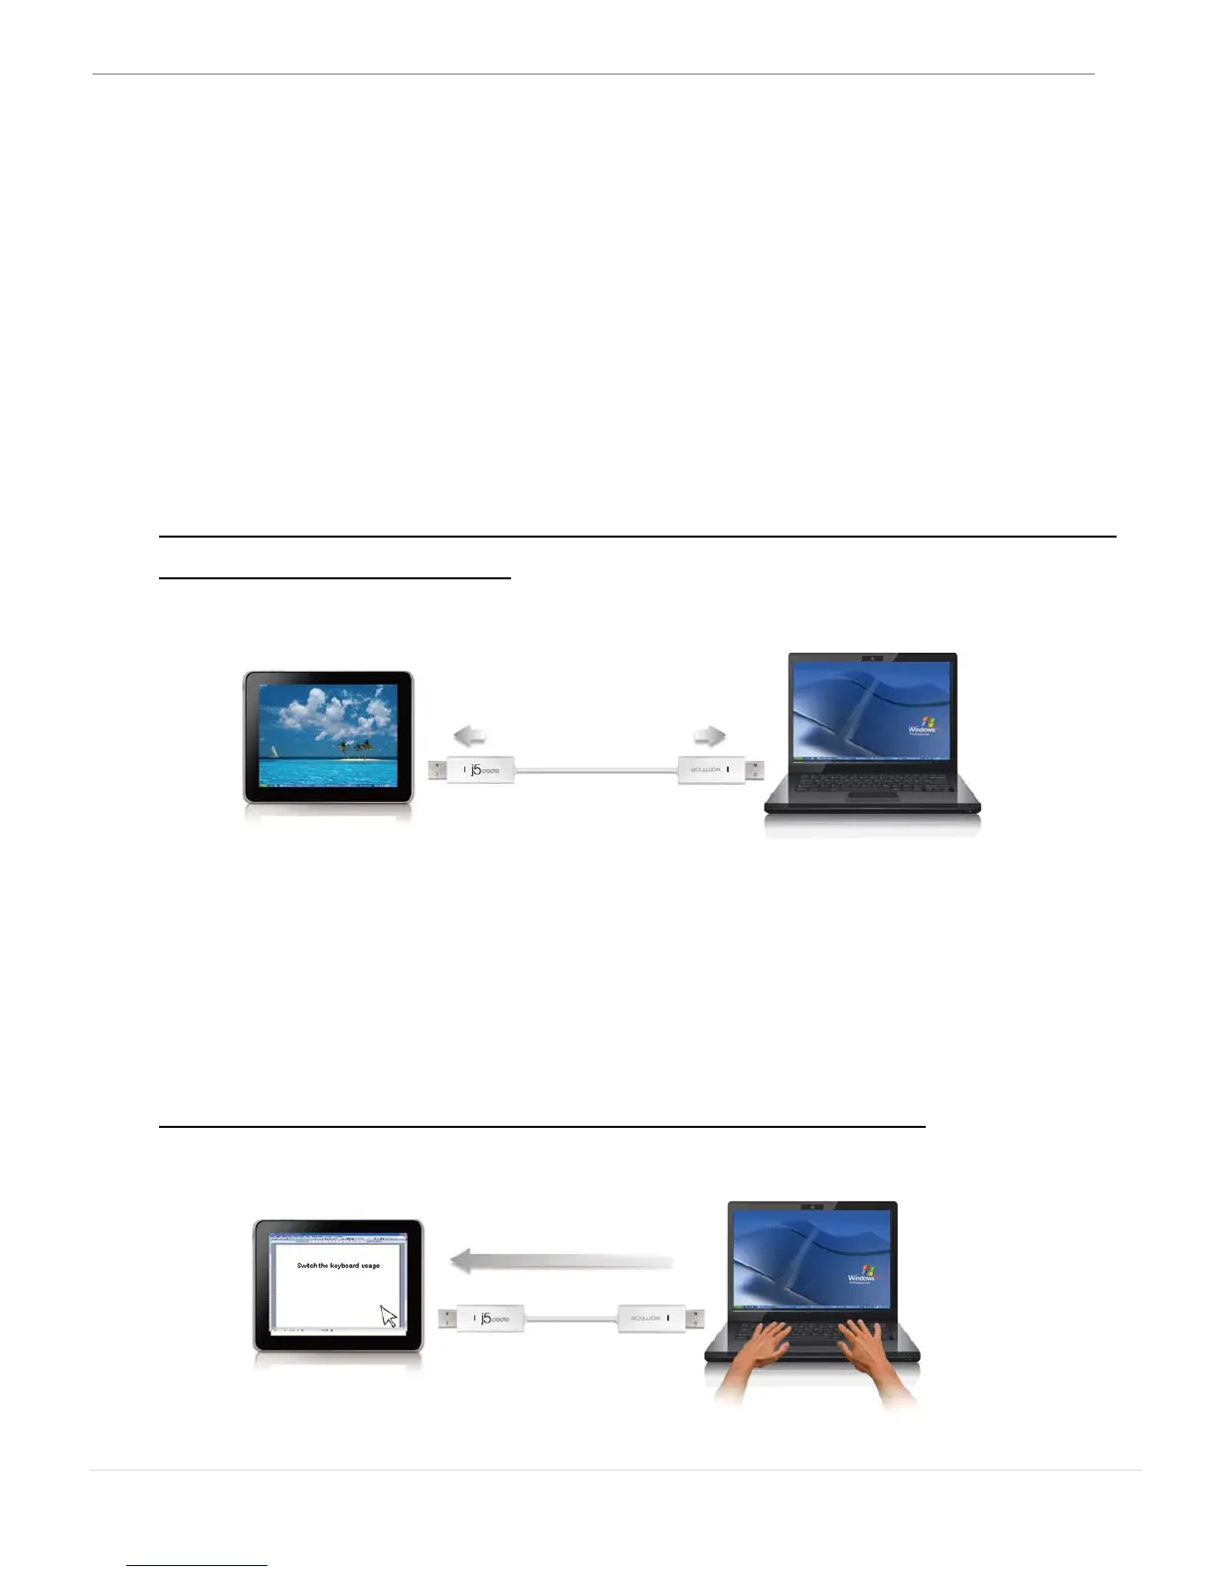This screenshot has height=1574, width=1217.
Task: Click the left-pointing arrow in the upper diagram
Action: tap(470, 736)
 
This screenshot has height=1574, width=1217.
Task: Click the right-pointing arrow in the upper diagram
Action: tap(709, 736)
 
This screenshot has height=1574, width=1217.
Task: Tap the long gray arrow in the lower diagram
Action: tap(562, 1261)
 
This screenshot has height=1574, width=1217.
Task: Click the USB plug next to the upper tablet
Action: tap(437, 770)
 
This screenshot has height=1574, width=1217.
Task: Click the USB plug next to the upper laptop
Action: tap(755, 770)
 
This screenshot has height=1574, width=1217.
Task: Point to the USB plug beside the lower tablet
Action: tap(447, 1319)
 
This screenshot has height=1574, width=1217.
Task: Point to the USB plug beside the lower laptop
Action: tap(695, 1319)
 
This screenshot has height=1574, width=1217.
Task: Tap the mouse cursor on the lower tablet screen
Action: tap(388, 1316)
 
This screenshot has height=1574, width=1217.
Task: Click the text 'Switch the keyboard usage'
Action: tap(338, 1266)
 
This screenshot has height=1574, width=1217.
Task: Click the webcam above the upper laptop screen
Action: tap(872, 658)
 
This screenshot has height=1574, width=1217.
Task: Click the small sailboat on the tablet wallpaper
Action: tap(273, 750)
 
